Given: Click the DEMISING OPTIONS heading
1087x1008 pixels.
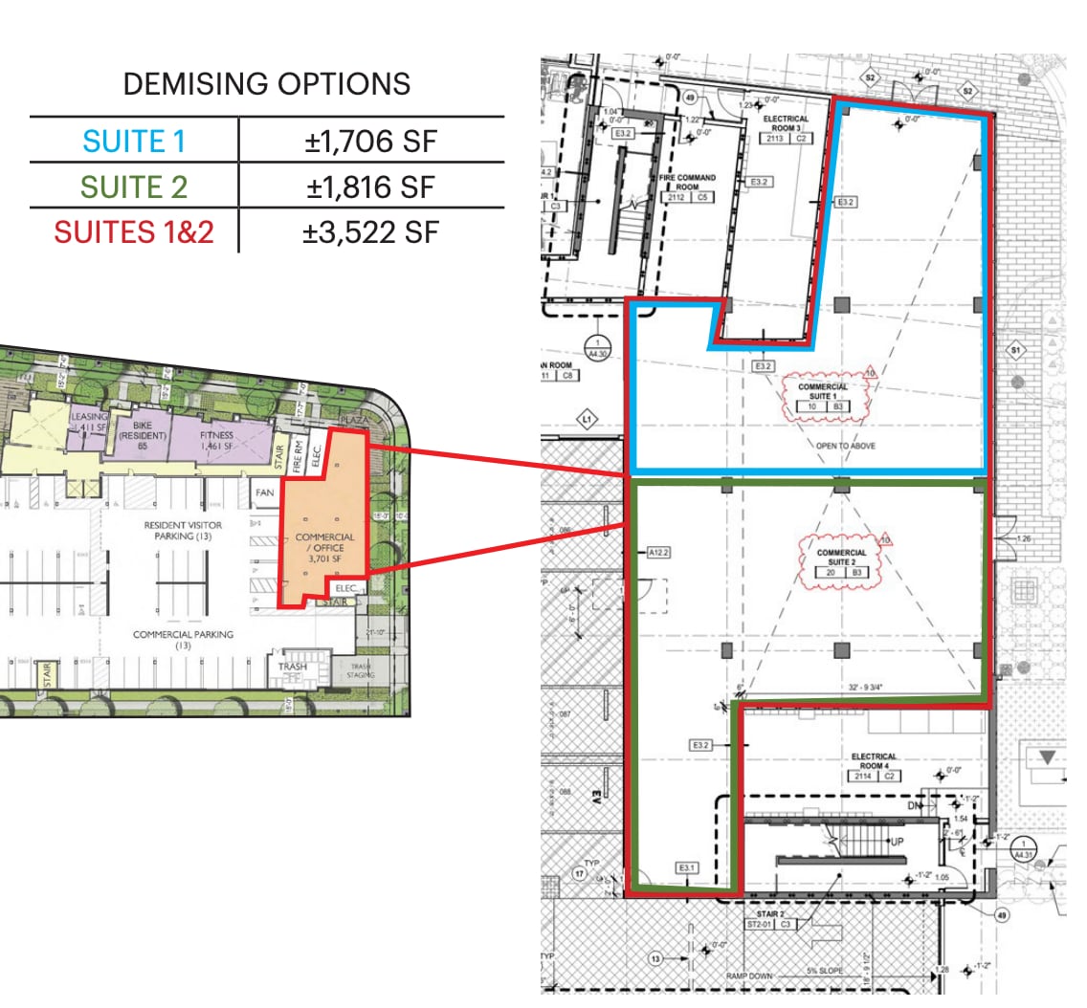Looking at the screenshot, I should click(267, 84).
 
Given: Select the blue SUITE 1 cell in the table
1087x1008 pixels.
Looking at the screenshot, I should click(134, 142).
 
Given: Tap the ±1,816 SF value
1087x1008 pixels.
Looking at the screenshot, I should click(371, 187).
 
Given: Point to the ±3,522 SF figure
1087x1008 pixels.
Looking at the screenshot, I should click(371, 231).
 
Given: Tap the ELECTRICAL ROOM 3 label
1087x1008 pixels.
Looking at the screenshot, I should click(786, 123).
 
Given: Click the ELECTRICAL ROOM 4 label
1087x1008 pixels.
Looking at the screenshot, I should click(873, 762).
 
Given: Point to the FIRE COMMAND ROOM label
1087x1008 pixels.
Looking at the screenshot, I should click(687, 182).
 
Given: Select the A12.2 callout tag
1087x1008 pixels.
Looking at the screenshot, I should click(659, 552).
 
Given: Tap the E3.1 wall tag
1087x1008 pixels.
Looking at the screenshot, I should click(686, 867).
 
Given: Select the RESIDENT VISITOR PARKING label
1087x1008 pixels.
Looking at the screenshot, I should click(183, 531).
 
